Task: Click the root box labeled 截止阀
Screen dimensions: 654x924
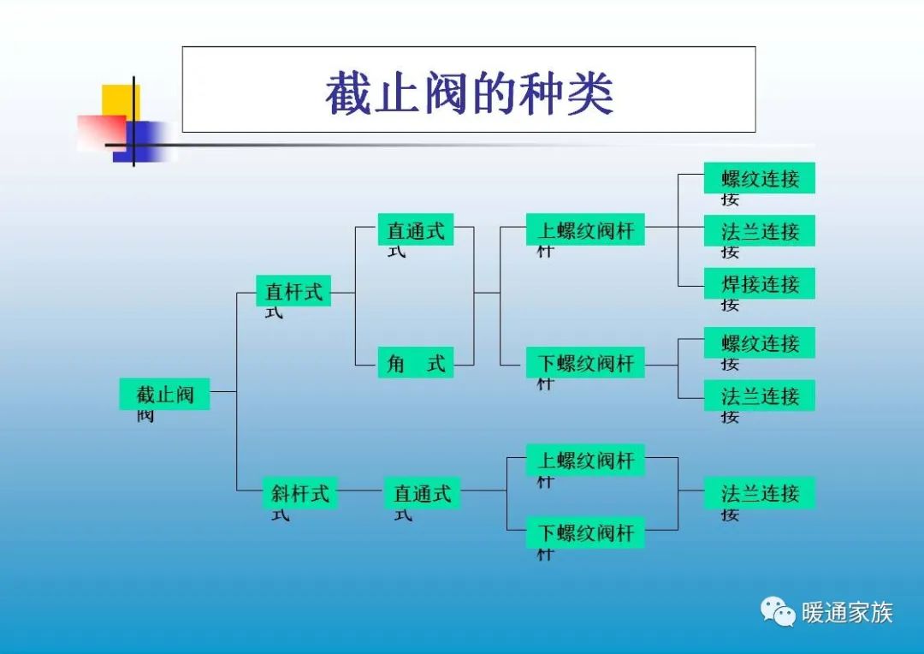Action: click(x=164, y=394)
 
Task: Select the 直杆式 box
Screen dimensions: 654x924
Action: click(x=293, y=291)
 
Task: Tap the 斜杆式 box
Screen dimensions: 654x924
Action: click(x=299, y=493)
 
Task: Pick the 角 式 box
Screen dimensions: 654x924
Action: click(x=416, y=363)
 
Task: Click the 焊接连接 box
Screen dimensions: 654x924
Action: click(x=759, y=283)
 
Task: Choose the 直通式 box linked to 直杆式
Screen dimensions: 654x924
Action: click(x=416, y=230)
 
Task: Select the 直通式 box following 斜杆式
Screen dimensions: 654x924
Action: click(x=422, y=493)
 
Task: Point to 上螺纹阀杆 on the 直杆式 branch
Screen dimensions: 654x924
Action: click(x=585, y=230)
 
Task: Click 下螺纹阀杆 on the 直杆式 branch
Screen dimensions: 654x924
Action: click(x=585, y=363)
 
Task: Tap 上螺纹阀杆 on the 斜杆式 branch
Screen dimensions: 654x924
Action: click(x=585, y=461)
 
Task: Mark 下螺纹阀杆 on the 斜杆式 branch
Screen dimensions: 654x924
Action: click(x=585, y=532)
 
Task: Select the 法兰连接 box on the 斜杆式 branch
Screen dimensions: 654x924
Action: click(x=759, y=493)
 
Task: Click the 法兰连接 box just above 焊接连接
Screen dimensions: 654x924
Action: click(x=759, y=231)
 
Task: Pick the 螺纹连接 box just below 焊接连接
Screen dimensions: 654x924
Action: click(x=759, y=343)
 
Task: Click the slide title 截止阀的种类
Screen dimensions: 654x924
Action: click(x=469, y=92)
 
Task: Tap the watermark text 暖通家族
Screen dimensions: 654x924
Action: click(x=847, y=613)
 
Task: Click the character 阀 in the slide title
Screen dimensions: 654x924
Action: click(x=441, y=92)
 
